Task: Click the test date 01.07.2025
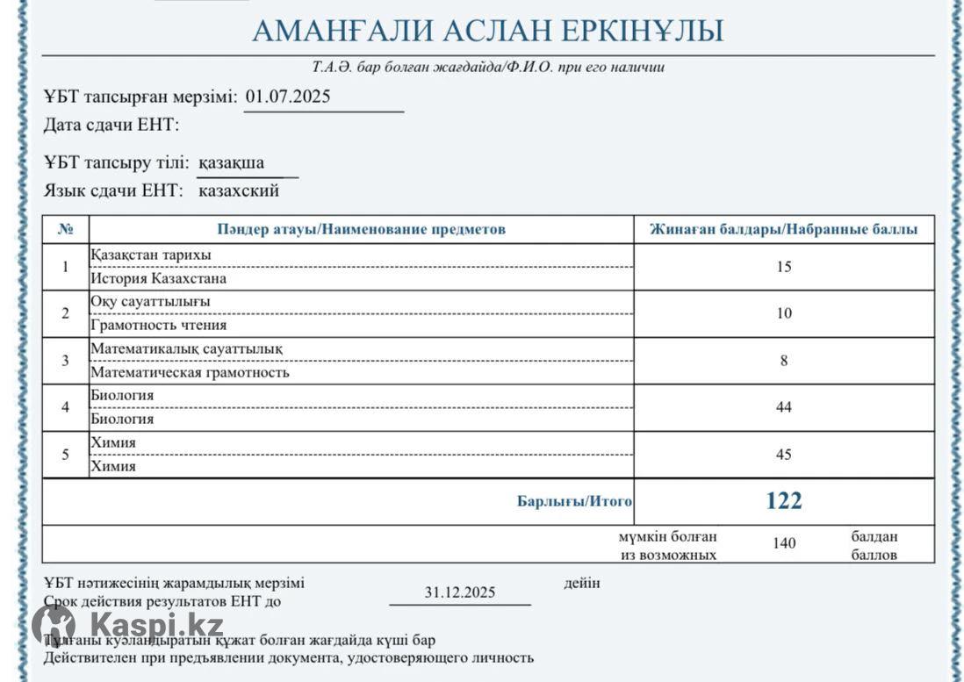pos(288,97)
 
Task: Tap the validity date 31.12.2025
pos(460,592)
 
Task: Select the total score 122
pos(784,500)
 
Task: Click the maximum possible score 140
pos(784,543)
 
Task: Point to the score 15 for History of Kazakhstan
pos(784,267)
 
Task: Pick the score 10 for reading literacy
pos(784,313)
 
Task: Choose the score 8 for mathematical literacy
pos(784,360)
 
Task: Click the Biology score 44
pos(784,407)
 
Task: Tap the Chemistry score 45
pos(784,455)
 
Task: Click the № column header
pos(66,229)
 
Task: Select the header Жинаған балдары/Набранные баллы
pos(784,229)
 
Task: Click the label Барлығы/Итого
pos(575,502)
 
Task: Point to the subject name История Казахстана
pos(159,278)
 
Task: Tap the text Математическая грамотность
pos(191,372)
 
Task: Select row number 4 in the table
pos(66,407)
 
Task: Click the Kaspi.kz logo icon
pos(54,625)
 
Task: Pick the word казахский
pos(239,190)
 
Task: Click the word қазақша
pos(231,162)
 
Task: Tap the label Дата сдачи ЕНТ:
pos(112,125)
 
